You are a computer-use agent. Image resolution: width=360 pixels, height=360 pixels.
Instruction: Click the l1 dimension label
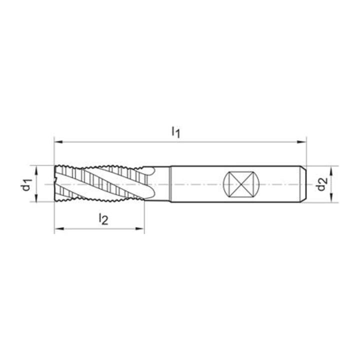176,132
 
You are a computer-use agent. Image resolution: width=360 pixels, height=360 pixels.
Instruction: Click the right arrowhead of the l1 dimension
301,142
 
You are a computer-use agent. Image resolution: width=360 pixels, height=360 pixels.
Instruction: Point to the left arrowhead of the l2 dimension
59,228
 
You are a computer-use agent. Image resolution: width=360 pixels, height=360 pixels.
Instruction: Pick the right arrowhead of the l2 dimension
140,228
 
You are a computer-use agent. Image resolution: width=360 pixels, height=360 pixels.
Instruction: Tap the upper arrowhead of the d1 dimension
36,170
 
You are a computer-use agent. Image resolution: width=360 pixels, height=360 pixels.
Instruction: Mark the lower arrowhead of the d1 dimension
36,197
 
